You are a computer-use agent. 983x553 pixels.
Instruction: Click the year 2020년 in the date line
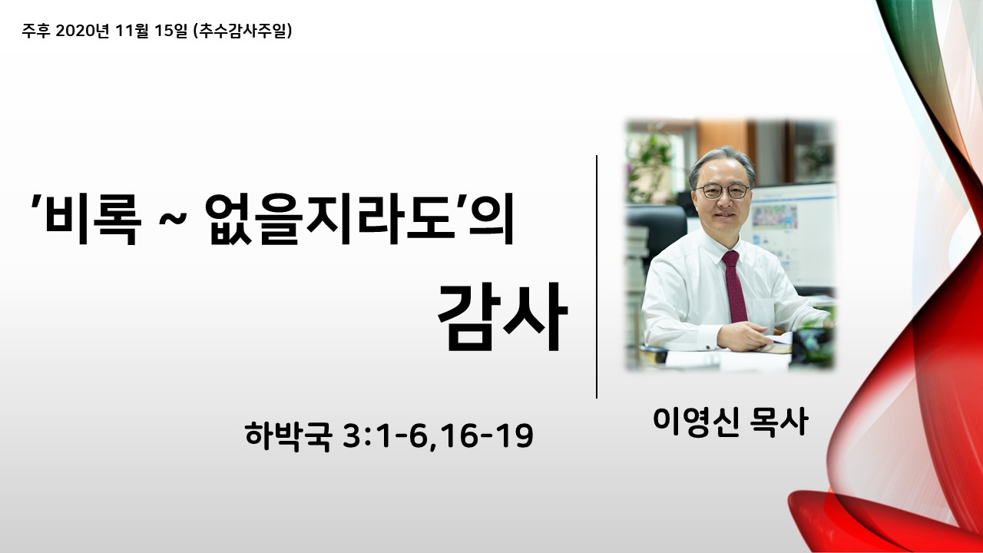tap(82, 31)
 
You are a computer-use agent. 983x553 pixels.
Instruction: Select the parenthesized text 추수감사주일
tap(242, 31)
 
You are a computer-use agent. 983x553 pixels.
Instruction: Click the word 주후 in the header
tap(35, 31)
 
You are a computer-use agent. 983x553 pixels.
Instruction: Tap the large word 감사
tap(503, 317)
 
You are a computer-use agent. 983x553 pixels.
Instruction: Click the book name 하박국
tap(287, 436)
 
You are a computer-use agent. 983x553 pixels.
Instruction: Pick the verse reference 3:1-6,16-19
tap(438, 436)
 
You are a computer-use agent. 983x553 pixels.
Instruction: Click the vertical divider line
tap(597, 277)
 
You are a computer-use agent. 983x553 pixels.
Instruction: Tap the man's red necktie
tap(735, 286)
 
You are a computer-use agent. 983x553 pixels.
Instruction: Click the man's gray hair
tap(723, 160)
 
